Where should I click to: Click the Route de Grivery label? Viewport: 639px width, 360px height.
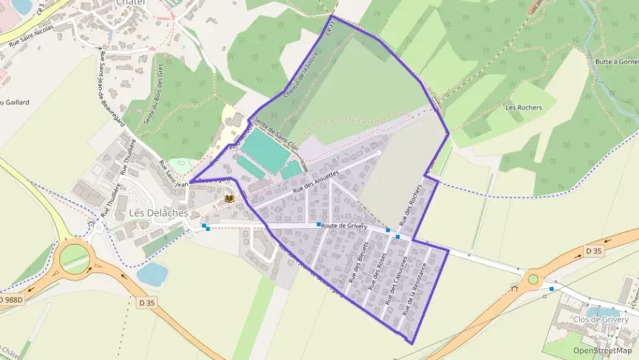[345, 226]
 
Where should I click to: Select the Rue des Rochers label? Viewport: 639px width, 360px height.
[412, 205]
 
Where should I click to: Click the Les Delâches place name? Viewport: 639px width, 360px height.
[158, 213]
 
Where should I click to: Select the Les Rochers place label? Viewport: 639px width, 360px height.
[524, 107]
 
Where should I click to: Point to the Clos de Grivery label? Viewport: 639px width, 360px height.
[601, 320]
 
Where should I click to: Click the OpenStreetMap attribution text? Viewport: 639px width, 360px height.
[603, 350]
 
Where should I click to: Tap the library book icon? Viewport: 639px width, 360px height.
[229, 198]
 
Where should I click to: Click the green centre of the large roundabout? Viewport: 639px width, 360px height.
[74, 258]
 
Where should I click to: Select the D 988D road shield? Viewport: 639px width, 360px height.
[10, 300]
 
